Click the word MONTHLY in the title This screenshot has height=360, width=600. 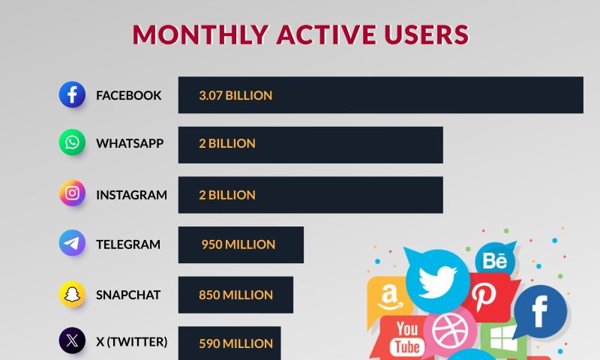coord(200,34)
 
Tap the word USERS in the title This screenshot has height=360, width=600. coord(427,34)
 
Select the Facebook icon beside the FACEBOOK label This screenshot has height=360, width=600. coord(72,94)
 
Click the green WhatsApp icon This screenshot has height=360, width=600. coord(72,142)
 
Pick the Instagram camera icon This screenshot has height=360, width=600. coord(72,193)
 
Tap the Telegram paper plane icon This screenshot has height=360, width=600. coord(72,242)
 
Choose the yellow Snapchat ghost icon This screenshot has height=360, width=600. coord(72,294)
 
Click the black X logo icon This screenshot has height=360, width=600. coord(72,340)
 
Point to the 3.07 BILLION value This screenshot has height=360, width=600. coord(235,95)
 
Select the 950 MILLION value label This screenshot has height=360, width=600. coord(238,244)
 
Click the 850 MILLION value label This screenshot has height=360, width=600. coord(235,295)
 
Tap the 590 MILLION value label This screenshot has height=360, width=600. coord(235,343)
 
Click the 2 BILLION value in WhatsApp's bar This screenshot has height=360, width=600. coord(227,143)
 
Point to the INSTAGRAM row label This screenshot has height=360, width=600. coord(132,195)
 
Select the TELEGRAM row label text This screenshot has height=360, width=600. coord(128,244)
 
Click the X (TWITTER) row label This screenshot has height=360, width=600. coord(132,342)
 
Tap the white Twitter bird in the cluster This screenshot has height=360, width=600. coord(437,282)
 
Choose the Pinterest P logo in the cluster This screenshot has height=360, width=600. coord(484,297)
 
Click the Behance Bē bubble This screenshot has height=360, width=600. coord(495,260)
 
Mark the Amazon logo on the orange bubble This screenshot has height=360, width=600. coord(389,298)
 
